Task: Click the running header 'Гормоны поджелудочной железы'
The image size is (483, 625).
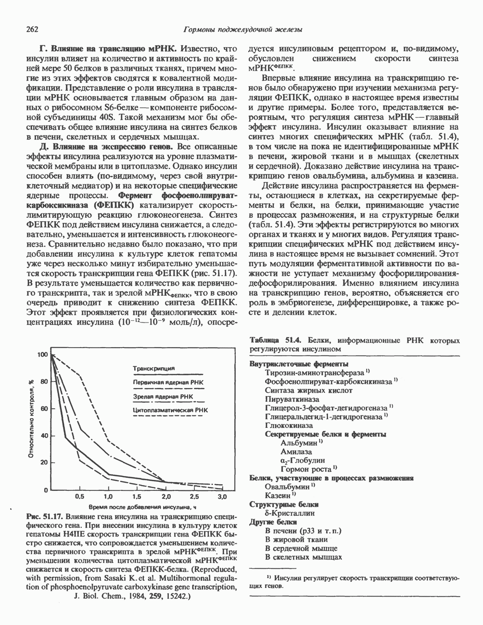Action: pyautogui.click(x=243, y=30)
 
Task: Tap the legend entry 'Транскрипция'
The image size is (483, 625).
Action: pyautogui.click(x=153, y=368)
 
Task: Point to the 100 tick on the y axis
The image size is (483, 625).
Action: pyautogui.click(x=42, y=355)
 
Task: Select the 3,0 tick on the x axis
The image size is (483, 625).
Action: pyautogui.click(x=222, y=496)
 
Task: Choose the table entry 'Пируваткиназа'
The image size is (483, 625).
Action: pyautogui.click(x=292, y=399)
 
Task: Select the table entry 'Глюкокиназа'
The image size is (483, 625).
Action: pyautogui.click(x=289, y=425)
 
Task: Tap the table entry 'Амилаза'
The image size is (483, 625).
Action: pyautogui.click(x=296, y=451)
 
